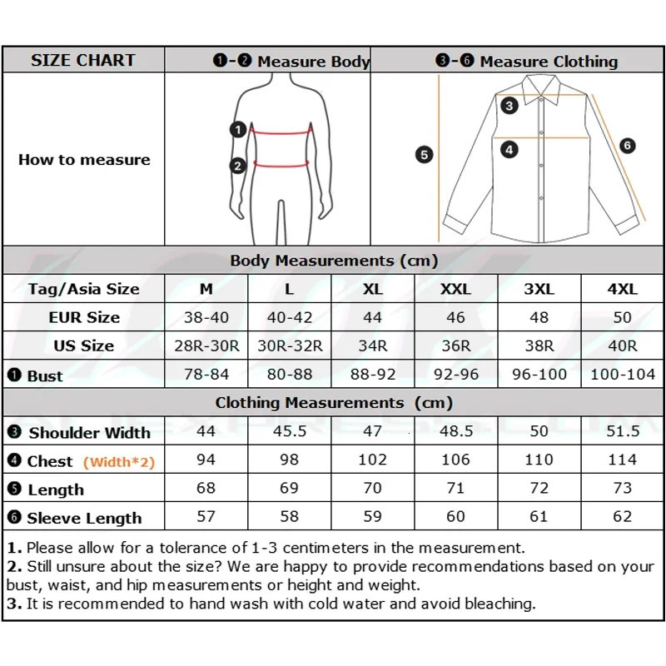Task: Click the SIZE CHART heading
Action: [x=82, y=60]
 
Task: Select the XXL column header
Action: [x=455, y=289]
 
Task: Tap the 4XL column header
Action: [x=622, y=289]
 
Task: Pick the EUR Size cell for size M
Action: [x=206, y=317]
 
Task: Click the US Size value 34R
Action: [x=372, y=345]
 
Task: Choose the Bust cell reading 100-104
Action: [x=622, y=374]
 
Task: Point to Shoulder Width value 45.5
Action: [x=290, y=431]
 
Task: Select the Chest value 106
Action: [x=455, y=460]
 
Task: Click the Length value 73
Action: [x=622, y=488]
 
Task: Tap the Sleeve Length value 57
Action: [x=206, y=516]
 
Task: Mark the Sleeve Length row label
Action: [x=83, y=518]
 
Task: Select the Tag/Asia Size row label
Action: [x=83, y=289]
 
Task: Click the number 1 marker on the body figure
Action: [x=238, y=129]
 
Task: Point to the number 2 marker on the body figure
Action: [x=238, y=166]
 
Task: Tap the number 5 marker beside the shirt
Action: [x=425, y=154]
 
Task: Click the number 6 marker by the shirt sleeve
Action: [x=628, y=146]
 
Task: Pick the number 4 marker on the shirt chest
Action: [x=509, y=150]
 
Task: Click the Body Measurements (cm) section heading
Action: [x=333, y=261]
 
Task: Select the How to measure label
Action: [x=84, y=160]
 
